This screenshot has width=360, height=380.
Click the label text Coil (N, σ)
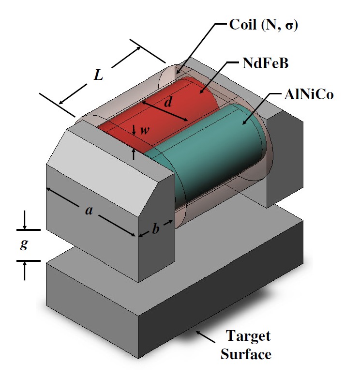(263, 25)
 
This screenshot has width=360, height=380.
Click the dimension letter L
(99, 75)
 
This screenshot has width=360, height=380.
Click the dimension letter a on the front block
(89, 211)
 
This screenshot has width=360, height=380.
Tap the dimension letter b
(155, 229)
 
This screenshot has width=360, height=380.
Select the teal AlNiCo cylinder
(213, 155)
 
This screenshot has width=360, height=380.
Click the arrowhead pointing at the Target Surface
(198, 332)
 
